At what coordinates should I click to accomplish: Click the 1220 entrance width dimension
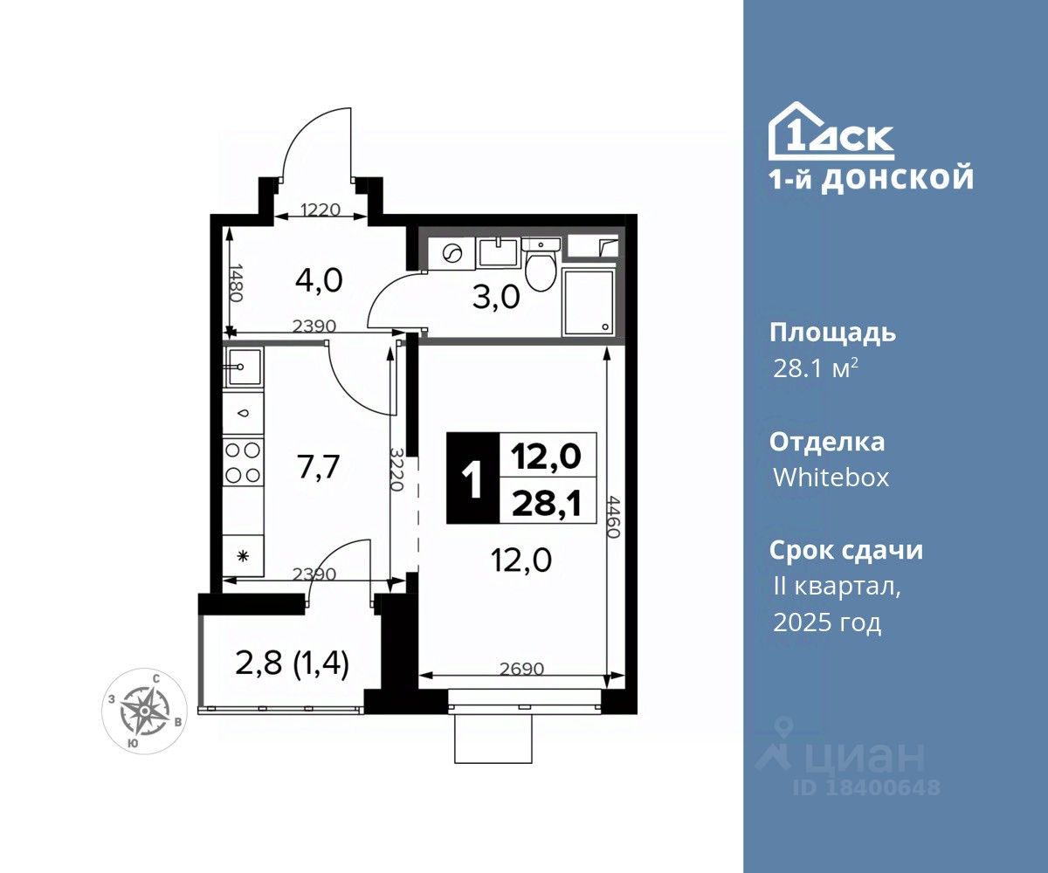coord(321,210)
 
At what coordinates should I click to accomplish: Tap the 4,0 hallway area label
coord(319,280)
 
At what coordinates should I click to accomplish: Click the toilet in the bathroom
coord(540,265)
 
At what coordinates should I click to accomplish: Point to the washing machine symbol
coord(452,253)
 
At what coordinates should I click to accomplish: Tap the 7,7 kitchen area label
coord(319,466)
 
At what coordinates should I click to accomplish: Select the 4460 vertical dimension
coord(613,517)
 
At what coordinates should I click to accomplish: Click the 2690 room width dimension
coord(522,669)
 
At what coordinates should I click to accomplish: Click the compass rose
coord(145,711)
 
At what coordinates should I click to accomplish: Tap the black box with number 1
coord(472,478)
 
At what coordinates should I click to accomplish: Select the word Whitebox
coord(831,478)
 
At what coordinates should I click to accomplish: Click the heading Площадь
coord(832,333)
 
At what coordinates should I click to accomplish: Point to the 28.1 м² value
coord(815,369)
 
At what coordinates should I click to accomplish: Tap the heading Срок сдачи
coord(846,550)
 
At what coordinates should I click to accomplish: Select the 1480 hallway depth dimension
coord(236,283)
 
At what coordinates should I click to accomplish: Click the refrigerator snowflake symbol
coord(243,556)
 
